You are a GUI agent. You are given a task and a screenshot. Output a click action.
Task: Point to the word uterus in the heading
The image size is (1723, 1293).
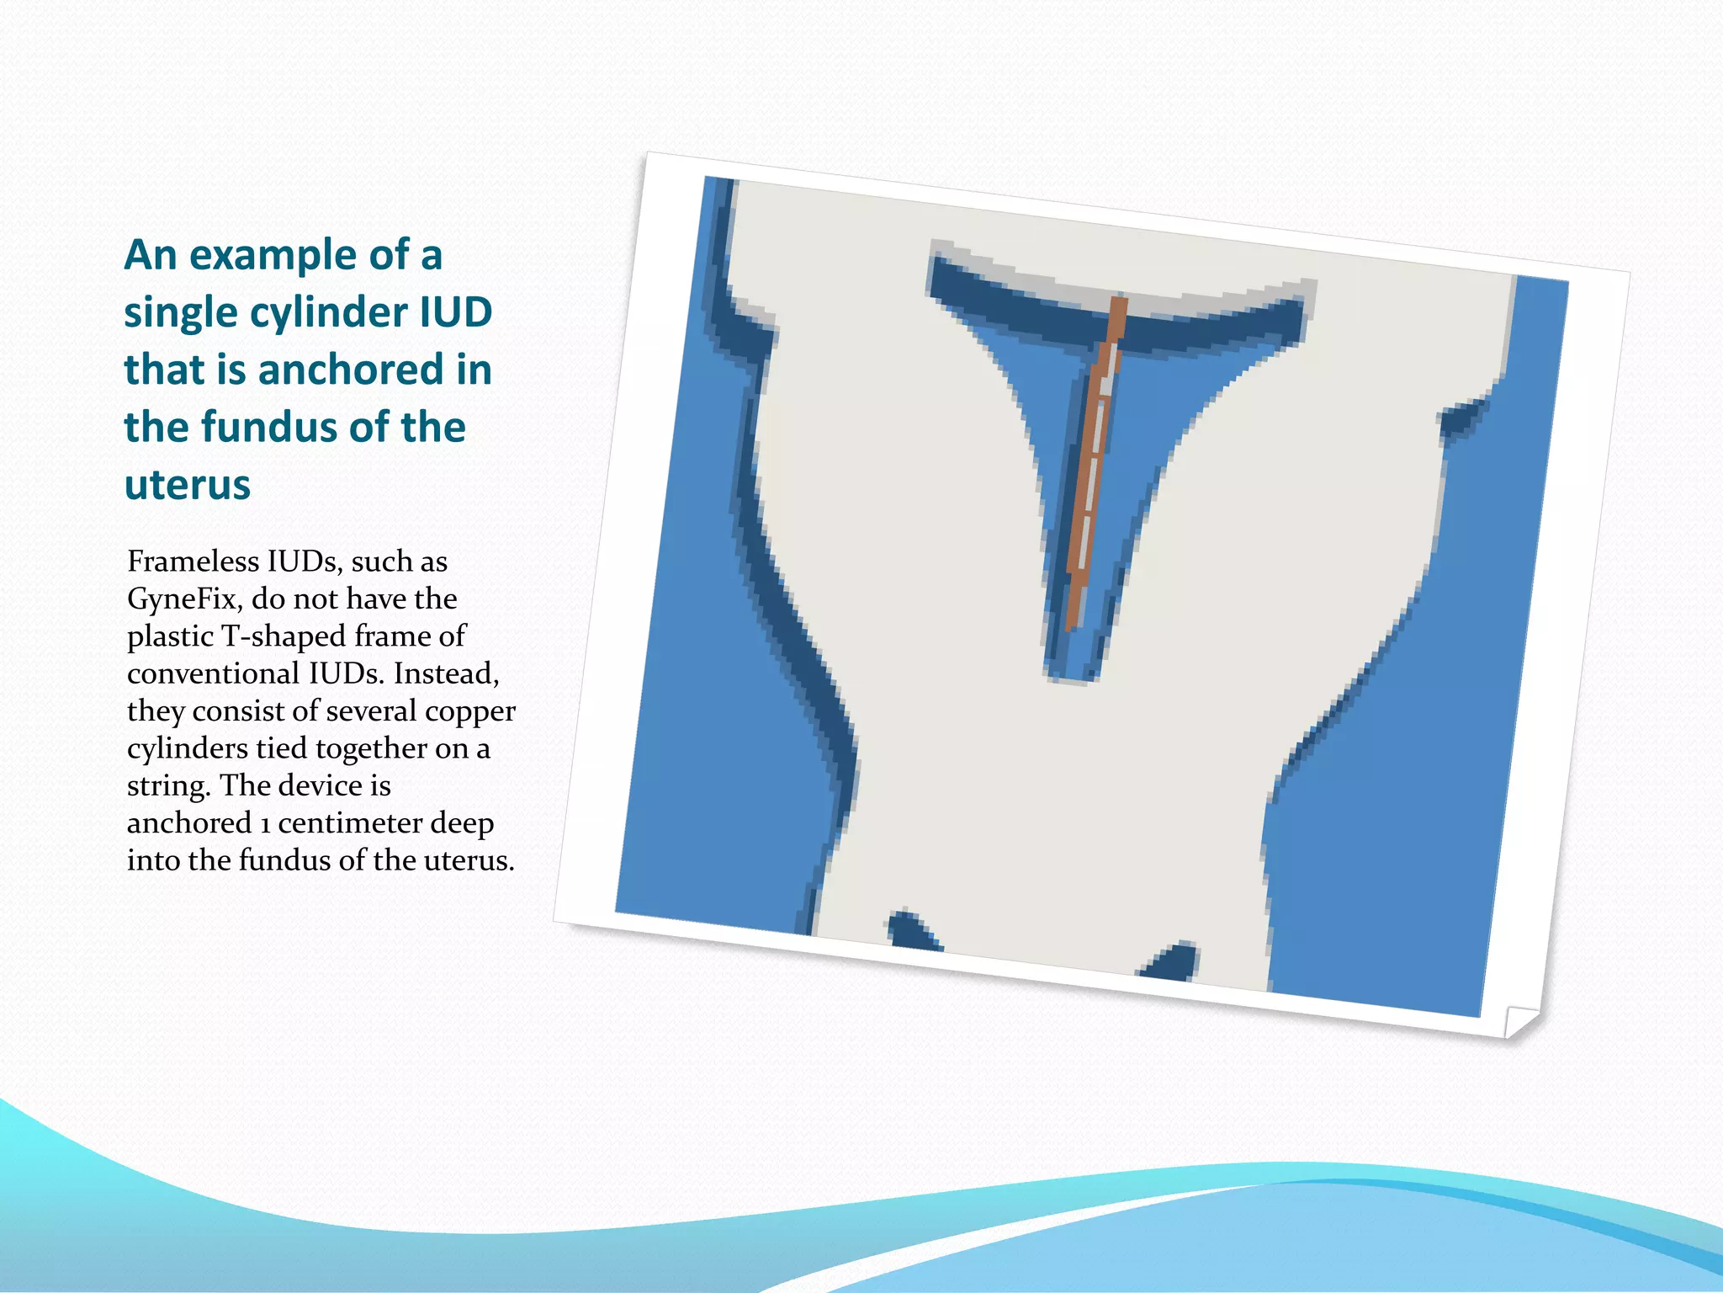click(x=188, y=485)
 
